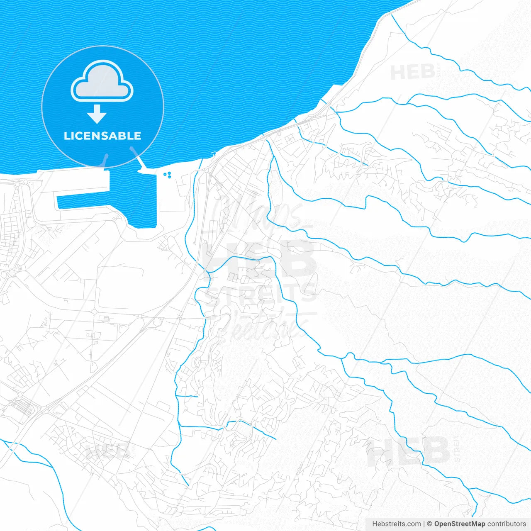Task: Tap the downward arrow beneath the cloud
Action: click(97, 114)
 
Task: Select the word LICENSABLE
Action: click(102, 136)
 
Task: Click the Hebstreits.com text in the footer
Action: click(396, 524)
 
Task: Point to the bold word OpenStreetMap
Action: click(459, 524)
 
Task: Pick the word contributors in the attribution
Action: click(506, 524)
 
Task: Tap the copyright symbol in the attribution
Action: click(430, 524)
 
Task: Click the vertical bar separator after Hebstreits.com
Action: click(424, 524)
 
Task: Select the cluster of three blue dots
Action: click(168, 175)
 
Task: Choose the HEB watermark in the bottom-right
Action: click(409, 451)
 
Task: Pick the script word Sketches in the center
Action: click(265, 326)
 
